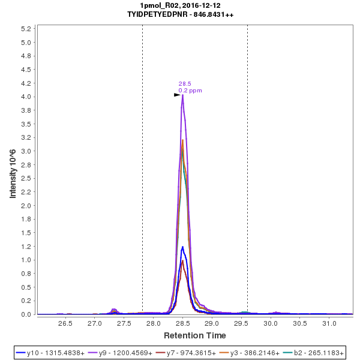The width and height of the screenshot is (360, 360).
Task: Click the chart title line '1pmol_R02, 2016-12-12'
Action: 180,5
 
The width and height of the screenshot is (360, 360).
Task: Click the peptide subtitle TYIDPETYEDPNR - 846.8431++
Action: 180,14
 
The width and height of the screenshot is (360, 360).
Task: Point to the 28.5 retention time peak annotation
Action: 185,84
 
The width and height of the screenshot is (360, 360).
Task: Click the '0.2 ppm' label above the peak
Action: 190,91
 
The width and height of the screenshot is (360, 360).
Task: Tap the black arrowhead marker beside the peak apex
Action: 177,95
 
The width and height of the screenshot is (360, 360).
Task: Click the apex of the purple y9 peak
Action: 182,95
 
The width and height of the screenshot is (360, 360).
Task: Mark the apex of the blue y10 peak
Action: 182,247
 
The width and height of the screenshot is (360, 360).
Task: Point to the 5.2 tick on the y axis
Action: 26,29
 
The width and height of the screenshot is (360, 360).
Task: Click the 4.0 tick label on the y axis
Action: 26,97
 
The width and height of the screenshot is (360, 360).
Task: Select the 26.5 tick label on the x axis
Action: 65,323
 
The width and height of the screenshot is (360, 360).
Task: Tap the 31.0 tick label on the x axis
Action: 329,323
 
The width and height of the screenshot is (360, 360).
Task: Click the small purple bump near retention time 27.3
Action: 114,310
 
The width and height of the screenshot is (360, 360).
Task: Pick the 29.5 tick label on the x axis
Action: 241,323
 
